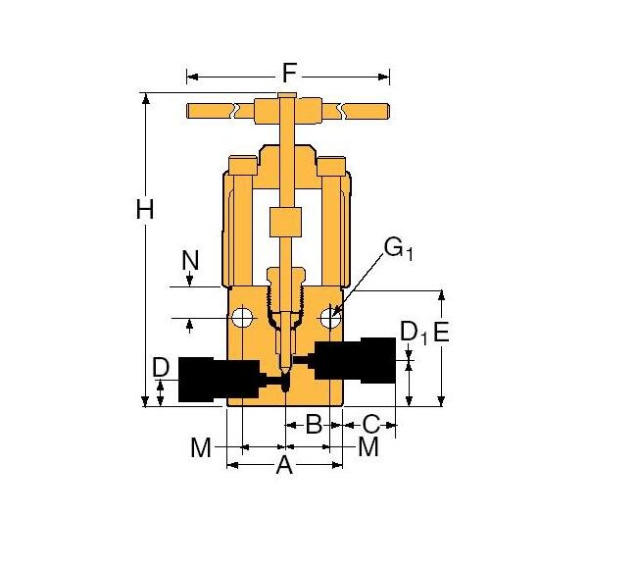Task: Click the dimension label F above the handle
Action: (x=288, y=74)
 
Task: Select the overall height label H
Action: (x=146, y=210)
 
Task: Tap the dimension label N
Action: (x=190, y=260)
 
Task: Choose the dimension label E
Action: (x=441, y=332)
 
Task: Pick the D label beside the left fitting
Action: (x=162, y=368)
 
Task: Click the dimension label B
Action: (x=314, y=424)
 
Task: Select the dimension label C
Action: (x=370, y=424)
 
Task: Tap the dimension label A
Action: (x=284, y=465)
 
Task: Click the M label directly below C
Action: (x=367, y=447)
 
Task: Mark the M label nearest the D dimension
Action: (x=201, y=447)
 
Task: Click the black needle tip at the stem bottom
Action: (x=284, y=381)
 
